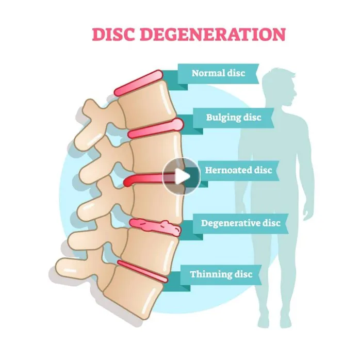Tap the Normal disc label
tap(218, 73)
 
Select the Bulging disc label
tap(233, 118)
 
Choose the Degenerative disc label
tap(240, 223)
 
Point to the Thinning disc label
tap(221, 274)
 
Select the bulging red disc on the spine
tap(155, 129)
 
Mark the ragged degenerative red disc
tap(154, 227)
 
